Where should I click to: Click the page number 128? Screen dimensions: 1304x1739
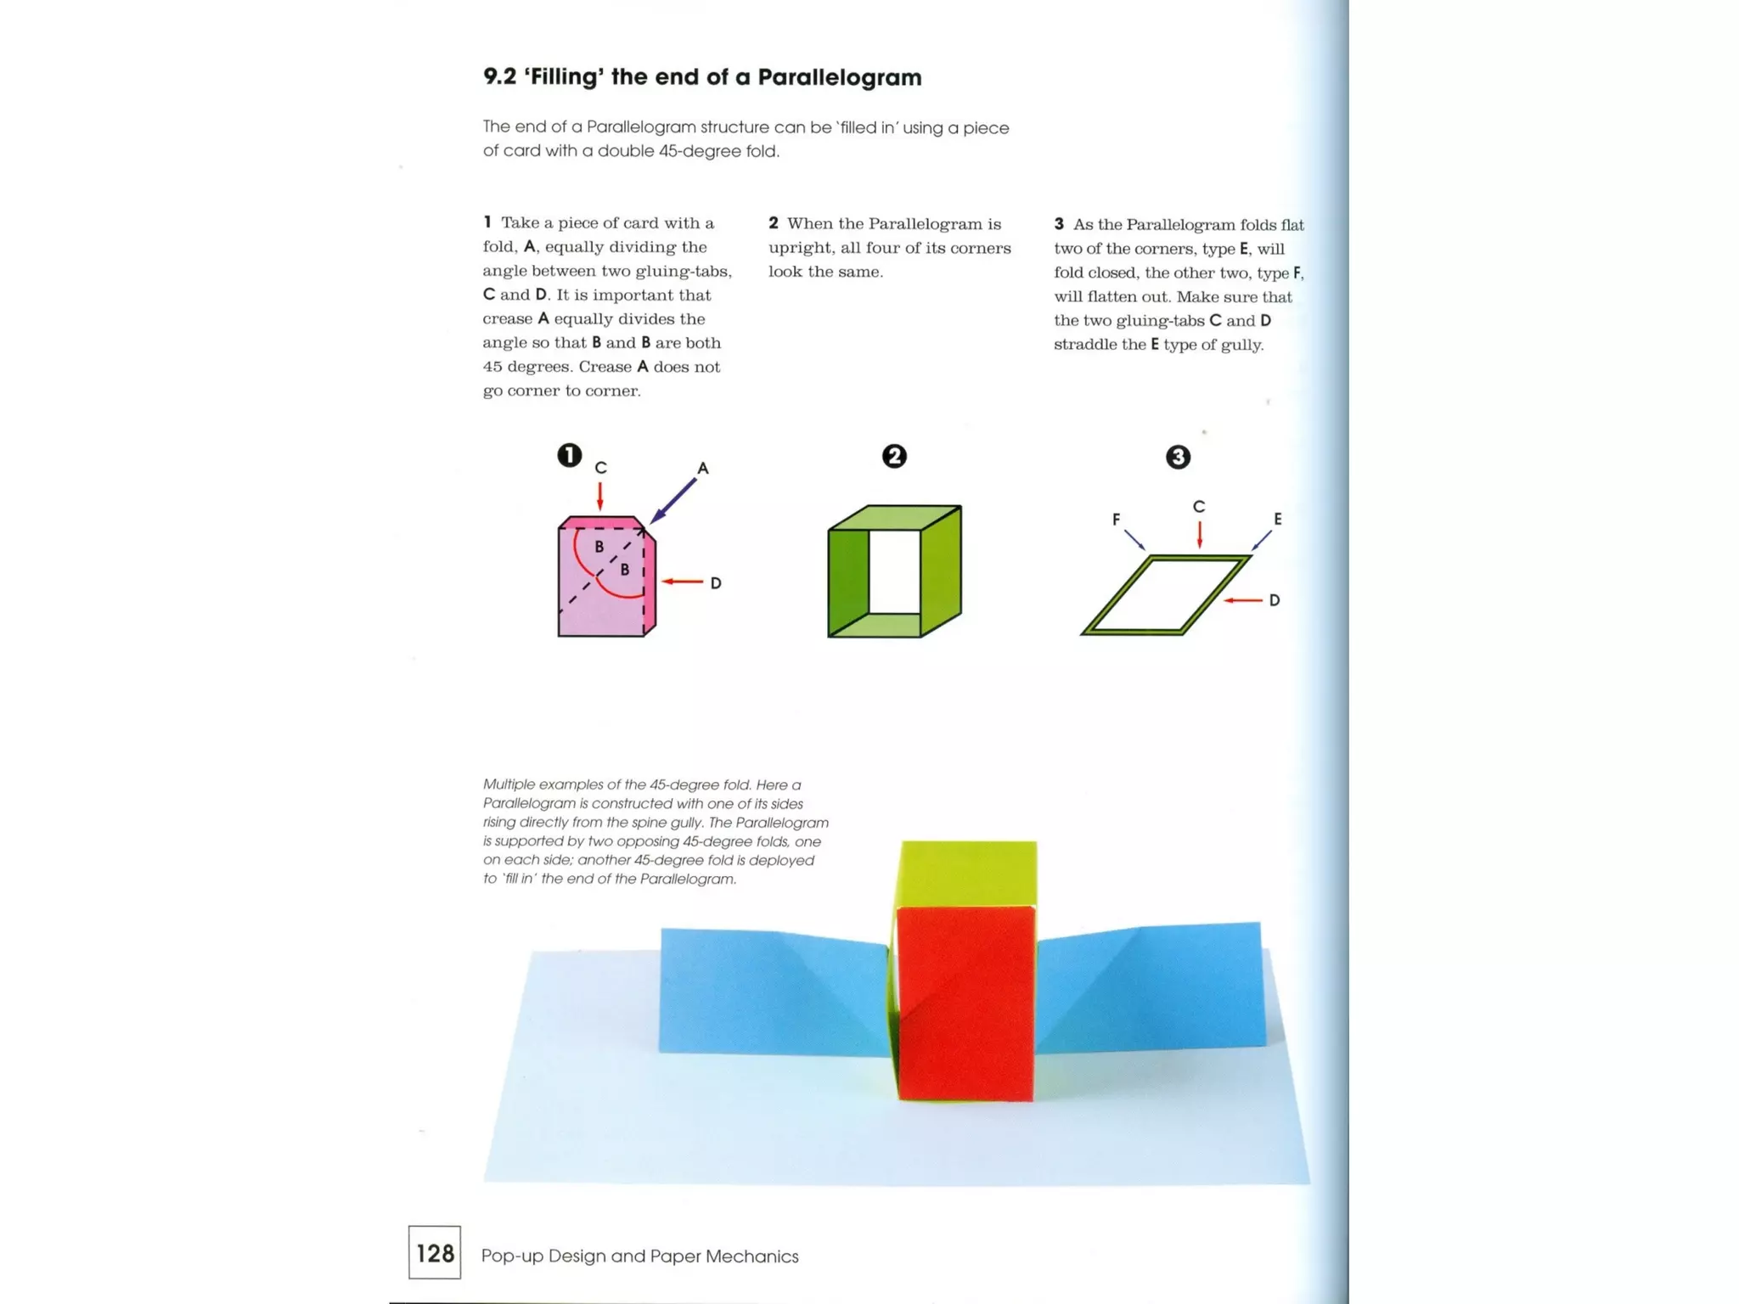[x=435, y=1253]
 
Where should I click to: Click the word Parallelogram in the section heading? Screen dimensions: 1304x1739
[x=839, y=77]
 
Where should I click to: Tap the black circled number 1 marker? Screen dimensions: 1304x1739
[x=569, y=455]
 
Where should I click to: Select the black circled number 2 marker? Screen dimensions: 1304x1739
[x=893, y=456]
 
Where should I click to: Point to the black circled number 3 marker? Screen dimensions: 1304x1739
[x=1177, y=458]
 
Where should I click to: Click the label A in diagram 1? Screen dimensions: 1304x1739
[x=702, y=469]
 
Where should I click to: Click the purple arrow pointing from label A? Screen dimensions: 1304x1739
[x=673, y=501]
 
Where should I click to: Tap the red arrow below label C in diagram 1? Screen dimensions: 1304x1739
[x=600, y=496]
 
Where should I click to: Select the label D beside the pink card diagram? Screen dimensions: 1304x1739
[x=716, y=583]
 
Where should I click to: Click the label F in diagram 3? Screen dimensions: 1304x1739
[x=1116, y=519]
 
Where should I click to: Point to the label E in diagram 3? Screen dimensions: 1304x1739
[x=1277, y=519]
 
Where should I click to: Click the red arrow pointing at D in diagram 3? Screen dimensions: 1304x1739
[x=1243, y=600]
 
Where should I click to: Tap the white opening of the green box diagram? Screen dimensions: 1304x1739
[x=894, y=570]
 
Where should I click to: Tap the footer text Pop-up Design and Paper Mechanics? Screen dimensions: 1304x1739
[x=639, y=1256]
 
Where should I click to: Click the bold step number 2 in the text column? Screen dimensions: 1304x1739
[x=773, y=223]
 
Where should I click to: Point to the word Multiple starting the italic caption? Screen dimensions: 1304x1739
[x=509, y=784]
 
